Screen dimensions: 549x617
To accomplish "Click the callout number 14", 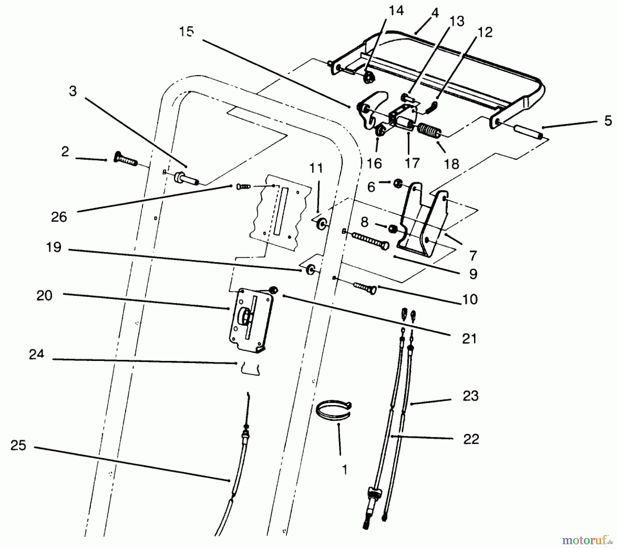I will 396,11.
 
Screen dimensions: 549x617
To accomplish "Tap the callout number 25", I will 18,446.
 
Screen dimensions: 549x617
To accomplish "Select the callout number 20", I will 44,295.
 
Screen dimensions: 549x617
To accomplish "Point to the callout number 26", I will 59,217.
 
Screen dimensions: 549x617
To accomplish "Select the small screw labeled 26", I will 244,186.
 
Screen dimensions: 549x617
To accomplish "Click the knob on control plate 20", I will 245,315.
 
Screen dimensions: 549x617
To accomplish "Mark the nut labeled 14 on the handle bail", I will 370,77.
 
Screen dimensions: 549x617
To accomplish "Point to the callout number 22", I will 471,439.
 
